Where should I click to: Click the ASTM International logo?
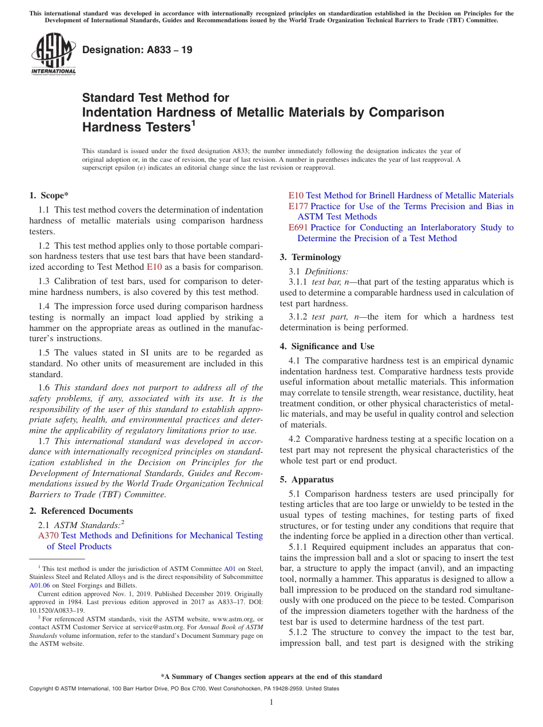point(53,54)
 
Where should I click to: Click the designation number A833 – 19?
point(137,50)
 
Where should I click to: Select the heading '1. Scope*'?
point(49,195)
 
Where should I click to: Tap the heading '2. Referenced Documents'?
point(81,511)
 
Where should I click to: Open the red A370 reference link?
point(48,536)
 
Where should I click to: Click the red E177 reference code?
point(298,206)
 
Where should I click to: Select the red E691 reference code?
point(298,227)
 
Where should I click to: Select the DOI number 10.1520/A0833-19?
point(56,610)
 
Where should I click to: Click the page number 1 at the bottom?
point(271,702)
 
